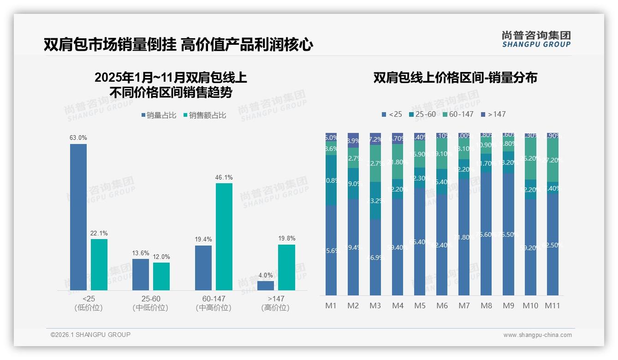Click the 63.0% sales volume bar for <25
click(78, 217)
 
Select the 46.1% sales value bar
click(224, 236)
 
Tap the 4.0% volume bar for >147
click(266, 286)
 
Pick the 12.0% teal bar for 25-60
click(161, 276)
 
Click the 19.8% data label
click(287, 239)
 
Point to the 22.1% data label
click(99, 233)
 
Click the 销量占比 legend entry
click(159, 115)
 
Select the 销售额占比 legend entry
click(205, 115)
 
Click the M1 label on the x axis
click(331, 306)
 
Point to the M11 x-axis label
click(552, 306)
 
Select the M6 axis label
click(442, 306)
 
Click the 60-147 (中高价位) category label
click(214, 303)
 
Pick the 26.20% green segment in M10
click(530, 158)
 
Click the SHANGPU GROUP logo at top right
click(536, 39)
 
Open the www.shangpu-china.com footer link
click(537, 335)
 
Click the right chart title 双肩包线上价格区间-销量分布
click(455, 78)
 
